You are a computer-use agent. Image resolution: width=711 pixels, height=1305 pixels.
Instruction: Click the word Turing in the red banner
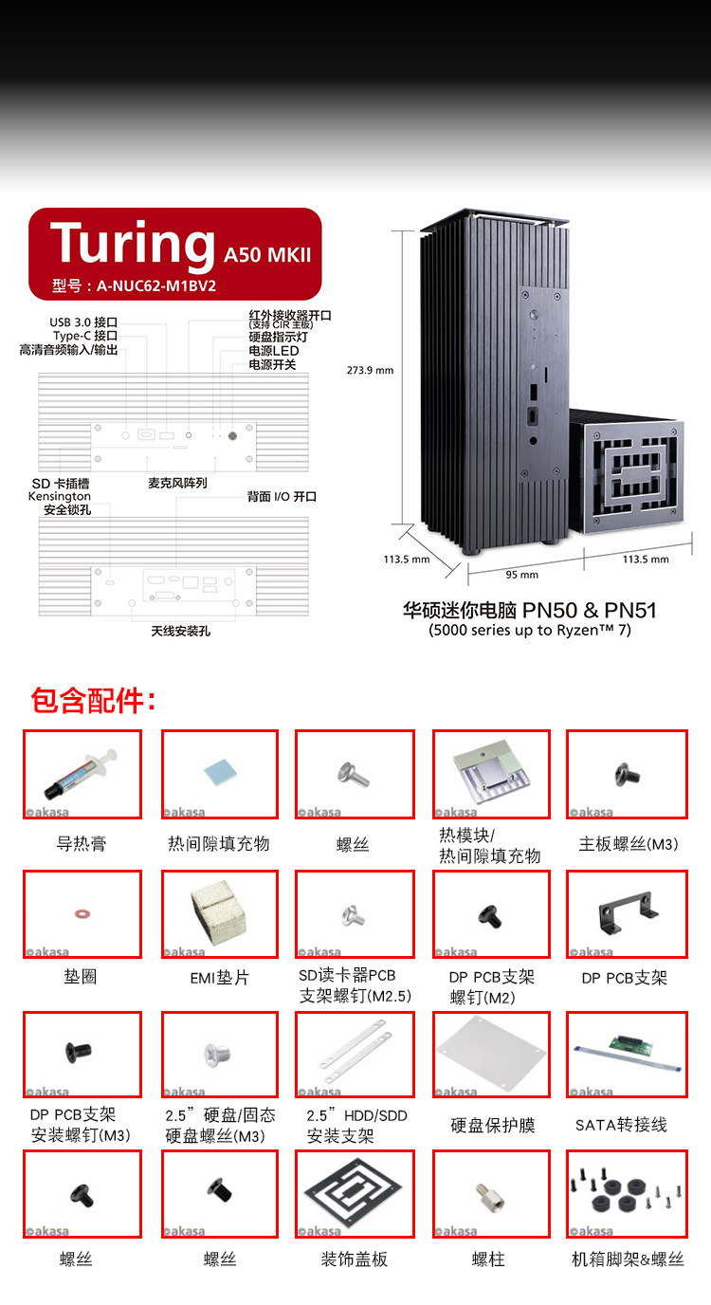[x=133, y=243]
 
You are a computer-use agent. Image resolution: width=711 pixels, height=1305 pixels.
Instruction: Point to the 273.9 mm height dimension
[x=371, y=371]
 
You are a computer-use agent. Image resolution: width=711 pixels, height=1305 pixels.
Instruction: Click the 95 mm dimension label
[x=521, y=575]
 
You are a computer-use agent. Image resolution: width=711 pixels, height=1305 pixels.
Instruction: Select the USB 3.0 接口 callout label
[x=83, y=322]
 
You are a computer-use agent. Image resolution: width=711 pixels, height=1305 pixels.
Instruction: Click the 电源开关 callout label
[x=272, y=364]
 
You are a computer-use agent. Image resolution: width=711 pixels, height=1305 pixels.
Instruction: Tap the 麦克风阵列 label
[x=177, y=483]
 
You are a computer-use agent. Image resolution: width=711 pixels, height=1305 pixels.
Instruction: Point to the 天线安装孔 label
[x=180, y=631]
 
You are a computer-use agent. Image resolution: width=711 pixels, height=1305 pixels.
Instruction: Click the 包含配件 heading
[x=93, y=702]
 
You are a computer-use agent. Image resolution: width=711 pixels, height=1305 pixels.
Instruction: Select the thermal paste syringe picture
[x=82, y=774]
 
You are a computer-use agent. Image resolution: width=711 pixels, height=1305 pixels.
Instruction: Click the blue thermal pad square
[x=219, y=772]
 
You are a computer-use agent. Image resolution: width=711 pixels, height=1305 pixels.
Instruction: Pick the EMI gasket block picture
[x=220, y=913]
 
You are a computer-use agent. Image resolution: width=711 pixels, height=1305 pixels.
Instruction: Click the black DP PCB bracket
[x=626, y=913]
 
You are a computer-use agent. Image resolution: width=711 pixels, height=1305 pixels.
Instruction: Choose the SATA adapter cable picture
[x=626, y=1053]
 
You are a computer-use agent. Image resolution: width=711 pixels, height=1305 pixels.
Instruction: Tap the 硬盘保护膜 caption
[x=493, y=1125]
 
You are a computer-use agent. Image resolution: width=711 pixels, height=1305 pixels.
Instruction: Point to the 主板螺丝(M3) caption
[x=629, y=843]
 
